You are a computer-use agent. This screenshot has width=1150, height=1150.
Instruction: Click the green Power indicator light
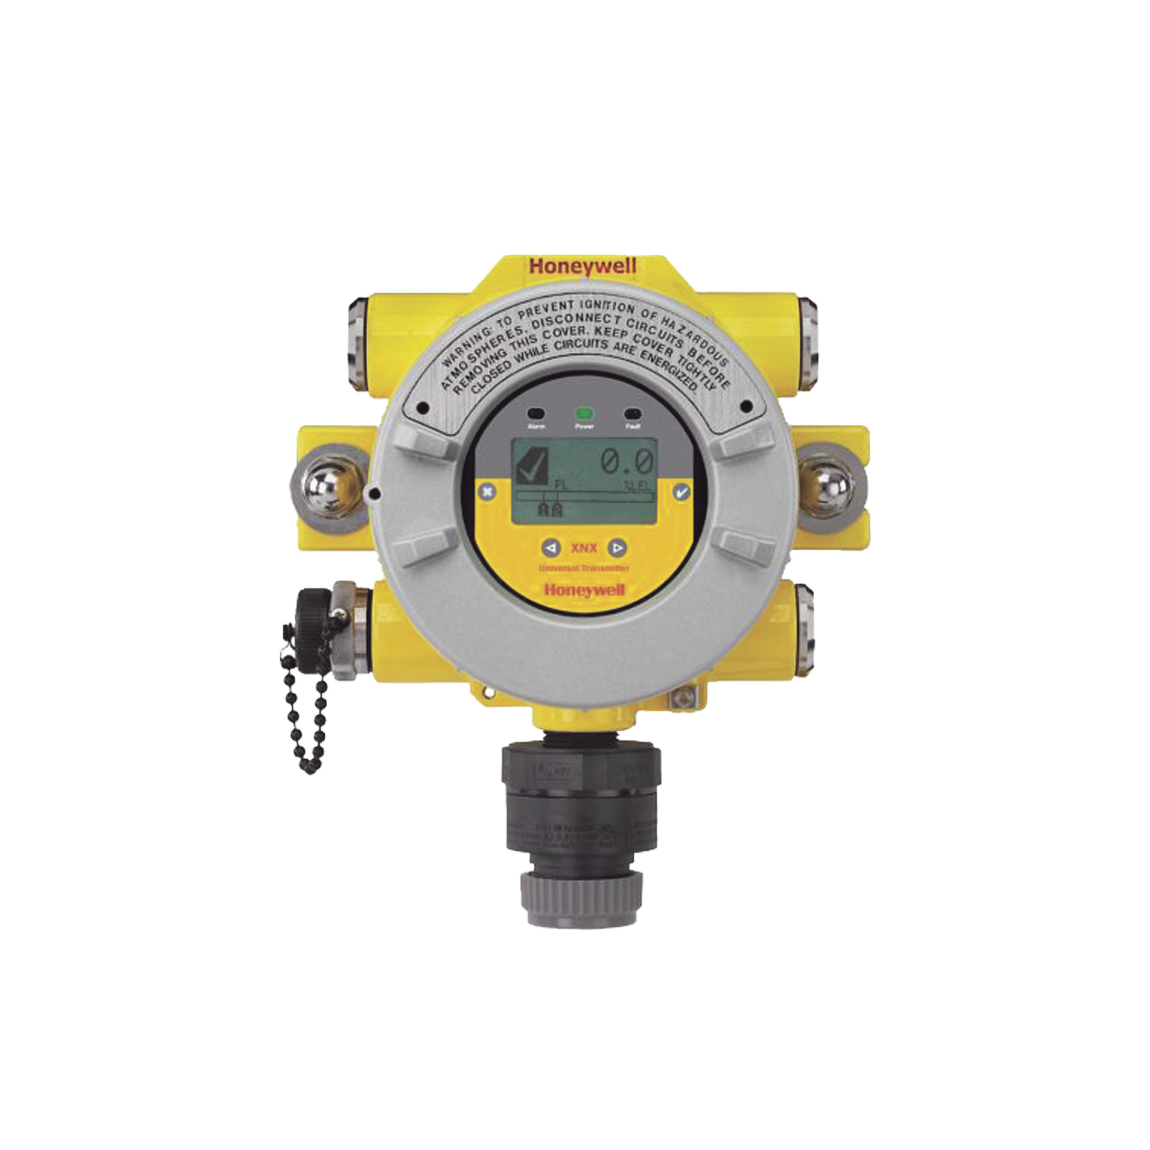pos(583,413)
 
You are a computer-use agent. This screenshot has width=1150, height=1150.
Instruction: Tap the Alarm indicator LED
pos(535,413)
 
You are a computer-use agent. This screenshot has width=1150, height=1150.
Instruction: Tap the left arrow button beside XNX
pos(552,547)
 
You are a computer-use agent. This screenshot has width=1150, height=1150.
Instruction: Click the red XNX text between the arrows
pos(585,547)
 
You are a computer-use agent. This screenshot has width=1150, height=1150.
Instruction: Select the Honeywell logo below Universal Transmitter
pos(585,591)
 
